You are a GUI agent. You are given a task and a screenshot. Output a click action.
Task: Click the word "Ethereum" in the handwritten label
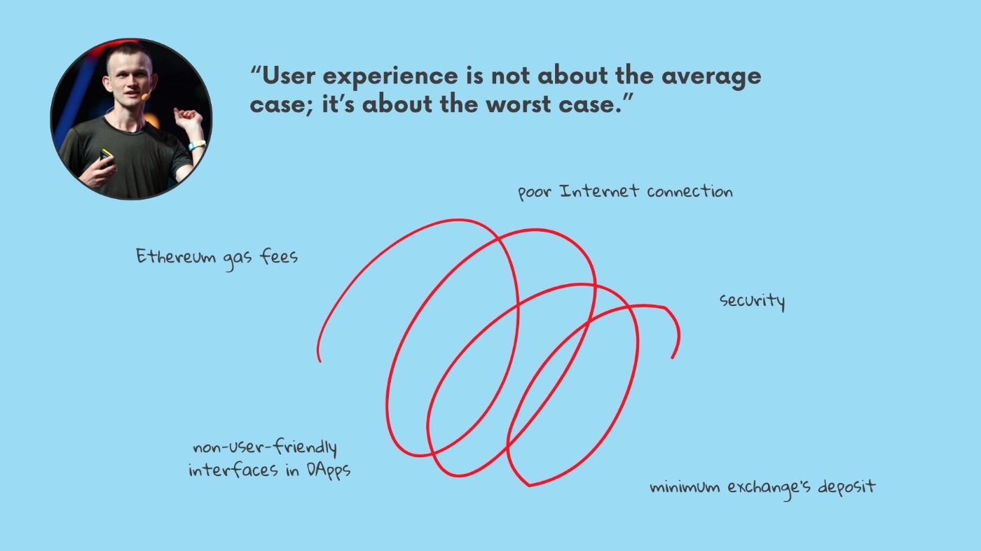coord(176,256)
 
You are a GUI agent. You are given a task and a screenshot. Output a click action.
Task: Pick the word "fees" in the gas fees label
coord(279,256)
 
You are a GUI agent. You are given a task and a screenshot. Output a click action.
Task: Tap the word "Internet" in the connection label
coord(600,191)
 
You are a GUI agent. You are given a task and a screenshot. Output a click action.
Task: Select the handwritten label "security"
coord(753,301)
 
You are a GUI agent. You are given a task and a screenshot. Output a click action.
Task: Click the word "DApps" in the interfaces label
coord(329,470)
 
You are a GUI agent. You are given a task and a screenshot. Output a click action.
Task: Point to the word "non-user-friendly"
coord(265,447)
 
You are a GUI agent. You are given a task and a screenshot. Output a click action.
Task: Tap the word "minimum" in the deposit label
coord(685,487)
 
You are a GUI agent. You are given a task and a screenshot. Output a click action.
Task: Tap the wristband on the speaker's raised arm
coord(197,144)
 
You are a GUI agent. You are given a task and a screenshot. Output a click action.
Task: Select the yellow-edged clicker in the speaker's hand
coord(106,158)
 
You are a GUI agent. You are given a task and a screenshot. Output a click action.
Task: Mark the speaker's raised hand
coord(188,118)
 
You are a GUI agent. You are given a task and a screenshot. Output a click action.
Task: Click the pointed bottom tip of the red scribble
coord(528,486)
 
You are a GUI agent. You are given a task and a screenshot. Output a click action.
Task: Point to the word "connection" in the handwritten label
coord(690,191)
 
